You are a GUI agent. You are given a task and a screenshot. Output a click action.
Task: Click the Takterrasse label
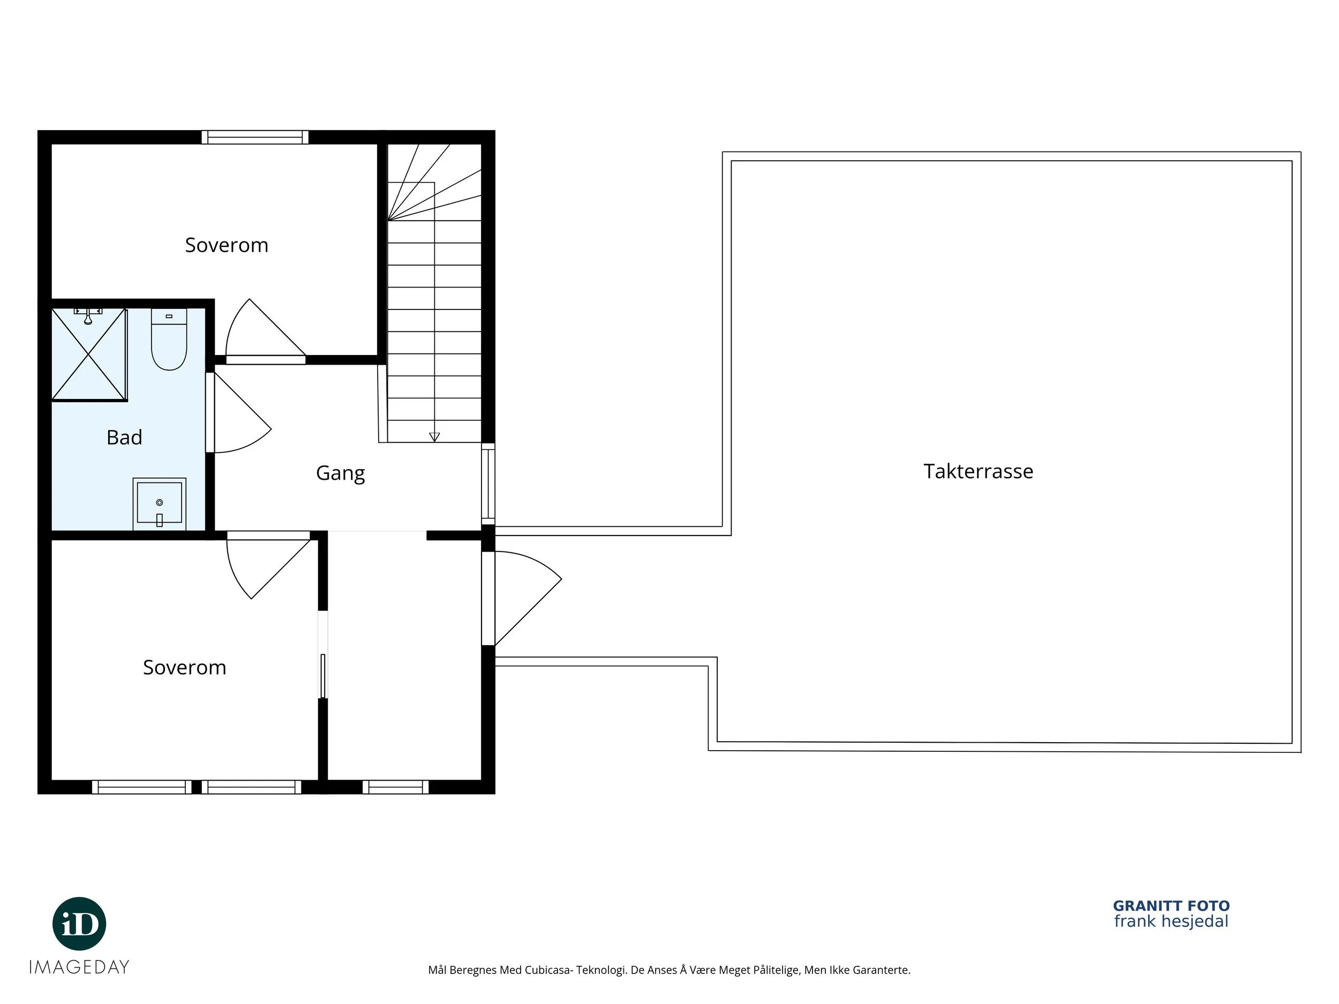[978, 471]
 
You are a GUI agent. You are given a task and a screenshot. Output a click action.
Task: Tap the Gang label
[340, 473]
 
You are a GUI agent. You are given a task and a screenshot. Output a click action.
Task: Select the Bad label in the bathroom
[124, 437]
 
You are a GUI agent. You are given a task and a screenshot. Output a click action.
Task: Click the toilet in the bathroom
[169, 339]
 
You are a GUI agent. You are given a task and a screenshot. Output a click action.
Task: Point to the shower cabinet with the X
[89, 354]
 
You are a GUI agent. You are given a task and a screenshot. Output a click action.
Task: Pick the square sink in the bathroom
[159, 503]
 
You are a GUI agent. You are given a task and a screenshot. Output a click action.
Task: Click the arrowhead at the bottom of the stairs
[434, 437]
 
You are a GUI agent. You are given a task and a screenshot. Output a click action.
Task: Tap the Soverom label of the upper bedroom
[227, 245]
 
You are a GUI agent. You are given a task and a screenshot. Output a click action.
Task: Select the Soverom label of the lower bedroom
[185, 668]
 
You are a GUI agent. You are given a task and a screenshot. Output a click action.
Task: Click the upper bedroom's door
[265, 331]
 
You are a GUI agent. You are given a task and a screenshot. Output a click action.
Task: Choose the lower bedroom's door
[269, 565]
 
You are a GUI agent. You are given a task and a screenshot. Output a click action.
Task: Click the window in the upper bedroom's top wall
[255, 138]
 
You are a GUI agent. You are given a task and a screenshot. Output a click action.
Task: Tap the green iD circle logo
[79, 924]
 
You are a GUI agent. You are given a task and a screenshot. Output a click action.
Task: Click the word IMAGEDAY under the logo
[79, 967]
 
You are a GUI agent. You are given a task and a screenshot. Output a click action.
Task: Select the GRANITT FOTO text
[1171, 906]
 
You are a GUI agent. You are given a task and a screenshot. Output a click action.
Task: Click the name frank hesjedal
[1171, 922]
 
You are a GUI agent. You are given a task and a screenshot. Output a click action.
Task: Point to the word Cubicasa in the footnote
[548, 970]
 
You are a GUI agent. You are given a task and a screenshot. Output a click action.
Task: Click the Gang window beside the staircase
[488, 484]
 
